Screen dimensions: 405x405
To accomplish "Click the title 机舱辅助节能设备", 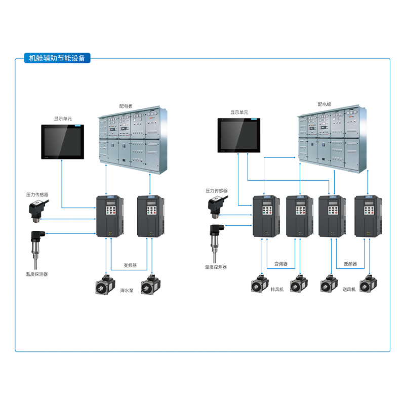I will tap(57, 58).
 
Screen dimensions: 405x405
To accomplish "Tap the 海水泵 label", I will tap(127, 291).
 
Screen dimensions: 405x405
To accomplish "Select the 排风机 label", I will tap(278, 289).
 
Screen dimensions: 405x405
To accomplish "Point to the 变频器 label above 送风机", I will tap(350, 264).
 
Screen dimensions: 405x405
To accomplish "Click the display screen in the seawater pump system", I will tap(62, 142).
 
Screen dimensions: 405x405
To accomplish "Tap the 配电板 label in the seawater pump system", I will tap(126, 106).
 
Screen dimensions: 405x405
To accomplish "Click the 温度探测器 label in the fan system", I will tap(216, 267).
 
